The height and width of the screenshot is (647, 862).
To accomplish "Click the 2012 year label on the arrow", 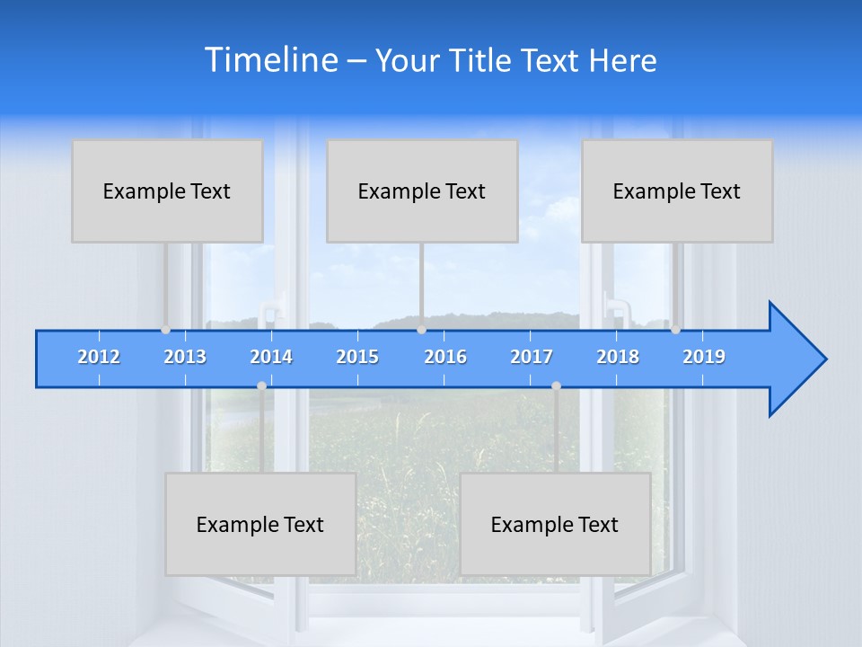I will [x=99, y=357].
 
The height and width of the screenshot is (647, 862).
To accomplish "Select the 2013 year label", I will [x=185, y=357].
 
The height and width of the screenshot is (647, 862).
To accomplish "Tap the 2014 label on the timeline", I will [x=271, y=357].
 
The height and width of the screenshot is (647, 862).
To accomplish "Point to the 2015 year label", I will [x=357, y=357].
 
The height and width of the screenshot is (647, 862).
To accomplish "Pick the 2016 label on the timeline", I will [x=445, y=357].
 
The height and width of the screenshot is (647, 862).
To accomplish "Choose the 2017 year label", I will [x=532, y=357].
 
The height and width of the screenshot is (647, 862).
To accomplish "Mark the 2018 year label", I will [x=618, y=357].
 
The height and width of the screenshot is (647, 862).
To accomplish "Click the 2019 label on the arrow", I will [x=704, y=357].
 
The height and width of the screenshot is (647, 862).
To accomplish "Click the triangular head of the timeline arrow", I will [x=795, y=359].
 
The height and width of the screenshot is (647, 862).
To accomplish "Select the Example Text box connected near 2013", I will [x=167, y=191].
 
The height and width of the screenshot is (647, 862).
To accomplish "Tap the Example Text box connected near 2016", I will [x=422, y=191].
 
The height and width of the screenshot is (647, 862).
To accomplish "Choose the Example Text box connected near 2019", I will [x=677, y=191].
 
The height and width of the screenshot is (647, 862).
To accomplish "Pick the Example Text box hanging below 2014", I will [x=260, y=524].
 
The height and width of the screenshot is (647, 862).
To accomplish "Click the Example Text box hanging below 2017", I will [x=555, y=524].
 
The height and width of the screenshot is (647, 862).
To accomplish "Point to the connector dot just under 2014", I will [x=261, y=386].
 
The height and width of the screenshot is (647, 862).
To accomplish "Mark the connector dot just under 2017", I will [x=556, y=386].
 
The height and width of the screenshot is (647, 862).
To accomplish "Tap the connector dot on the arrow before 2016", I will [x=421, y=330].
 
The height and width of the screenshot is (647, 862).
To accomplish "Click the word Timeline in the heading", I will [x=272, y=60].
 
